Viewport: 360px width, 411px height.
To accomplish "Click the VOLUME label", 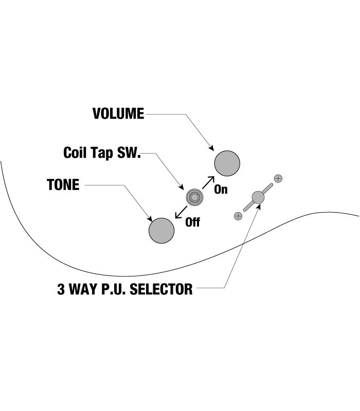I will (118, 114).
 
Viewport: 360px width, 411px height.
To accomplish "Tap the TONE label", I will (63, 185).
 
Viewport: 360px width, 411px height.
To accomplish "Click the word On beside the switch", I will (221, 190).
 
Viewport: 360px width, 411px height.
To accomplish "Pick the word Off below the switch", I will (192, 222).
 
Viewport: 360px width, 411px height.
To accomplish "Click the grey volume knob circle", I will (227, 163).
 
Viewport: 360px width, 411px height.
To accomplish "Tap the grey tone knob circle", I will (161, 230).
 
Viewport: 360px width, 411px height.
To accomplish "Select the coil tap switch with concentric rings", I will (194, 196).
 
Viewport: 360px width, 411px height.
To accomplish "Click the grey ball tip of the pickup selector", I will (258, 197).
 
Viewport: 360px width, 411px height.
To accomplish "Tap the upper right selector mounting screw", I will (279, 179).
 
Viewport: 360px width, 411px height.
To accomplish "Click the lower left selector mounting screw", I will (238, 216).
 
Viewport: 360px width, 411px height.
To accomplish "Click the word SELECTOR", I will (162, 289).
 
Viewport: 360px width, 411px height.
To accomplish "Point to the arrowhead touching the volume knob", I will (212, 148).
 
